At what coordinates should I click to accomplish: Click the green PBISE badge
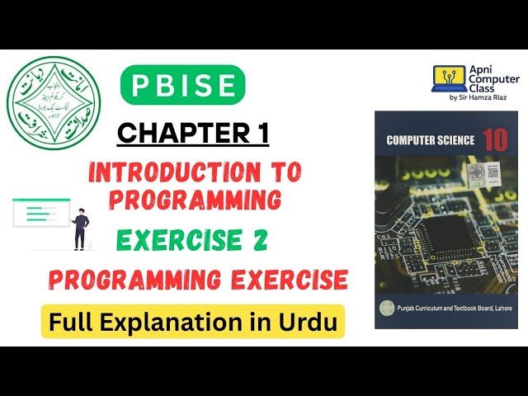click(182, 85)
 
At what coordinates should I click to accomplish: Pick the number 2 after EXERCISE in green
click(256, 240)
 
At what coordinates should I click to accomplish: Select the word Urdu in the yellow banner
click(312, 323)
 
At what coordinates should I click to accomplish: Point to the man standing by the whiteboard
click(81, 229)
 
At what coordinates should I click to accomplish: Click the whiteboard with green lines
click(40, 212)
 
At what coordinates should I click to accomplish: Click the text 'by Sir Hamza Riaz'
click(478, 98)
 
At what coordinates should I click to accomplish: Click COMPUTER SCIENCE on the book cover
click(431, 140)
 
